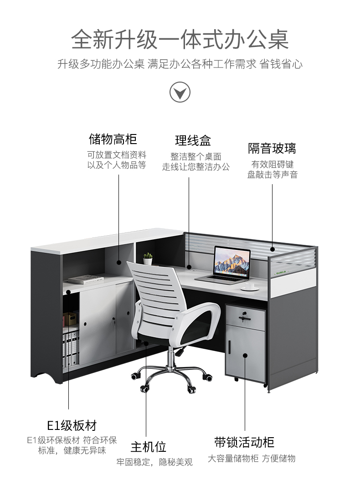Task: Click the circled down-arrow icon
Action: tap(180, 92)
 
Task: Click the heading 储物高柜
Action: tap(113, 139)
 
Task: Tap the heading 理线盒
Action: tap(193, 140)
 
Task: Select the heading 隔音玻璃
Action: tap(272, 149)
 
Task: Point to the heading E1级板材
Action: tap(72, 425)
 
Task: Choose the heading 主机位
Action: tap(149, 447)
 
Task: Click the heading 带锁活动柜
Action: tap(244, 442)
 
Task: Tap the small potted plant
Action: tap(148, 259)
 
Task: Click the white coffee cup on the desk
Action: tap(250, 286)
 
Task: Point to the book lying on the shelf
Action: tap(86, 279)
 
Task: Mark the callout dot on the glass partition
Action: tap(273, 249)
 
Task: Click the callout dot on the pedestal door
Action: tap(245, 356)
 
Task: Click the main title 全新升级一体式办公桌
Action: tap(180, 40)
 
